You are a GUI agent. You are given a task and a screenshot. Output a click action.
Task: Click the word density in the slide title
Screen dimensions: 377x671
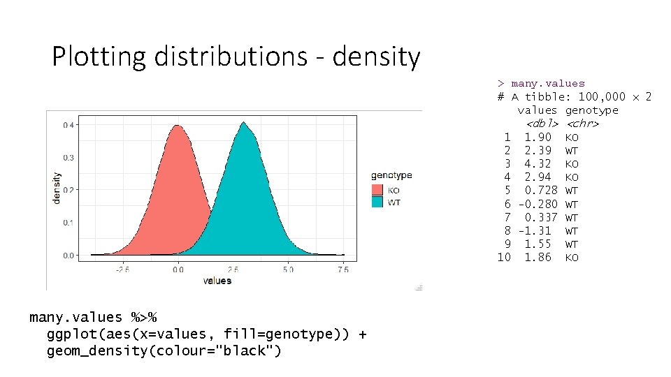point(376,57)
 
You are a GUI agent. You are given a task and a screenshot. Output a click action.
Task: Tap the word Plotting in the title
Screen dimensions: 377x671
point(99,57)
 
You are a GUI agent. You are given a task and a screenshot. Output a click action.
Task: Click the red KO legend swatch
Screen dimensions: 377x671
point(377,190)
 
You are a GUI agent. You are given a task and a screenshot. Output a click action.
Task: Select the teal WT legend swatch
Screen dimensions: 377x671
point(377,202)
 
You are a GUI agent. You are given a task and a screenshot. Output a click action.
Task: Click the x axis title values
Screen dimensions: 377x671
point(217,281)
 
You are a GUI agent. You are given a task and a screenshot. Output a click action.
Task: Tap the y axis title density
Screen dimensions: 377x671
point(57,187)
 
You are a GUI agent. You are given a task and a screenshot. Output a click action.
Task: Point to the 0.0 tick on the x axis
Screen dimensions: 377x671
point(178,269)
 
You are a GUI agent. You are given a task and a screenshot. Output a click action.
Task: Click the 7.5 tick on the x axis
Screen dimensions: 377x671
point(343,269)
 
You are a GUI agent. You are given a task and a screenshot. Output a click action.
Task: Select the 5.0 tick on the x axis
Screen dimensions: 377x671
point(289,269)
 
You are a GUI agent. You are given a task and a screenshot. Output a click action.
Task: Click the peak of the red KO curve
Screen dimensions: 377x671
point(178,126)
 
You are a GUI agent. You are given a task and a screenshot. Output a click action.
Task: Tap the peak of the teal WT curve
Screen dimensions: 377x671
point(244,124)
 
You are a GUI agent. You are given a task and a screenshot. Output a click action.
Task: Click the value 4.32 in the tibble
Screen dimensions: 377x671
point(537,164)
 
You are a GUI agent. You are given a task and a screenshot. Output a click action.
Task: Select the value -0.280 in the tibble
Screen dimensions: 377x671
point(537,204)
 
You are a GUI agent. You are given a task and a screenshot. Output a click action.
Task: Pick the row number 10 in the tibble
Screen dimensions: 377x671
point(504,257)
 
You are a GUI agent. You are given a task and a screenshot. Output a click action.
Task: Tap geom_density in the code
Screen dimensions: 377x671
point(90,350)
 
